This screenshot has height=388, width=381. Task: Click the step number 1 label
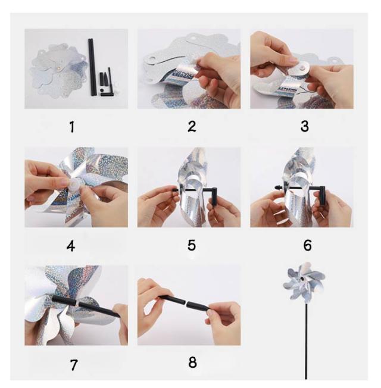(x=72, y=127)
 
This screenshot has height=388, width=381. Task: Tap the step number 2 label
(x=192, y=126)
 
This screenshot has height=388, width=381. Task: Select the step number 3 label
(x=305, y=126)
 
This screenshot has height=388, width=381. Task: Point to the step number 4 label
(x=71, y=246)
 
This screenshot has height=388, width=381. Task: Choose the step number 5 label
(x=192, y=245)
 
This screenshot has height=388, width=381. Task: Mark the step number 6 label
(x=307, y=245)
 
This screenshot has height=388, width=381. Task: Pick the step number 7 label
(x=74, y=365)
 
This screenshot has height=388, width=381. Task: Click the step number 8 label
(x=192, y=362)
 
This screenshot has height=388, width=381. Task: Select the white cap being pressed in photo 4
(x=74, y=184)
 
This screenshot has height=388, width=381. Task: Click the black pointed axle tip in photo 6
(x=278, y=187)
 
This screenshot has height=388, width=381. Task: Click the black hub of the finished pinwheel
(x=302, y=279)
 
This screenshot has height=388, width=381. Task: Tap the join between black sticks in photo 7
(x=77, y=302)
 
